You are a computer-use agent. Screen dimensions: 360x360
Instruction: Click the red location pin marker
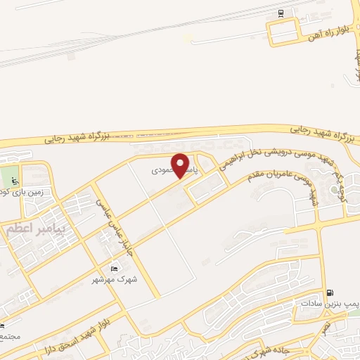point(181,165)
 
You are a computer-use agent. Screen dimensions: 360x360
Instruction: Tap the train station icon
point(281,13)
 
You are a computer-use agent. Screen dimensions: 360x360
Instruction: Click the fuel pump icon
point(330,292)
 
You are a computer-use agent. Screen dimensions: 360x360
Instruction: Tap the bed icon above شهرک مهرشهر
point(115,268)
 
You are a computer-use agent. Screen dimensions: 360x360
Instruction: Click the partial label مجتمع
point(9,337)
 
